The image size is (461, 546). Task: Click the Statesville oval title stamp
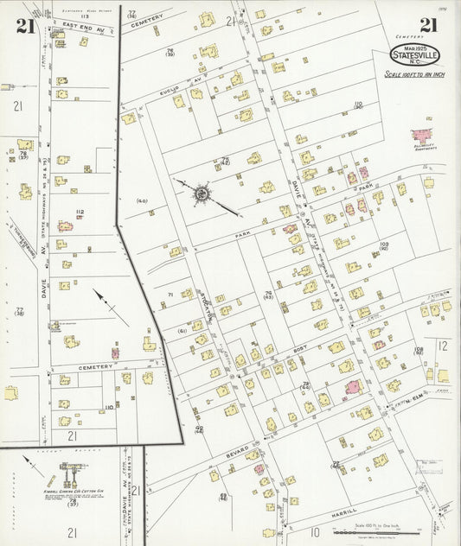point(415,55)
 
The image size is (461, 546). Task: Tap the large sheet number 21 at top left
point(25,26)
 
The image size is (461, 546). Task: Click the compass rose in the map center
point(201,194)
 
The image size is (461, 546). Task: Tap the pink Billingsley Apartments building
point(423,136)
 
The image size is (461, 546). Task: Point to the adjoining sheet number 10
point(315,531)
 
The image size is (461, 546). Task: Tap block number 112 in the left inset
point(80,212)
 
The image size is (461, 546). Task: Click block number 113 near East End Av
point(84,16)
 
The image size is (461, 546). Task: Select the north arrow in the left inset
point(111,308)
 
